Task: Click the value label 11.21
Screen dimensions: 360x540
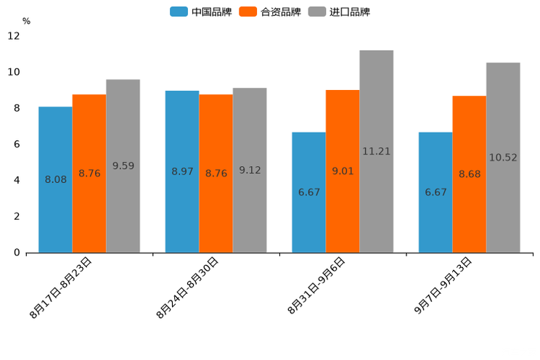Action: pyautogui.click(x=376, y=152)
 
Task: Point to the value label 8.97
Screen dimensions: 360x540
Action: pyautogui.click(x=182, y=171)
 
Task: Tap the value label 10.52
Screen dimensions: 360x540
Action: pyautogui.click(x=503, y=157)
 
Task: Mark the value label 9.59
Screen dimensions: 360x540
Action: pyautogui.click(x=123, y=166)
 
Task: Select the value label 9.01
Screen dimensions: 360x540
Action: pyautogui.click(x=343, y=171)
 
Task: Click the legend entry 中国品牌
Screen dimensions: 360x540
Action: pyautogui.click(x=201, y=12)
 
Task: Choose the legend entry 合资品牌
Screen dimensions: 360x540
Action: pyautogui.click(x=270, y=12)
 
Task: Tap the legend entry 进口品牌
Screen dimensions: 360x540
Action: pyautogui.click(x=340, y=12)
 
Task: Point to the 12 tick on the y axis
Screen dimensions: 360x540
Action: pyautogui.click(x=14, y=36)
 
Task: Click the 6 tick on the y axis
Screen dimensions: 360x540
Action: pyautogui.click(x=16, y=144)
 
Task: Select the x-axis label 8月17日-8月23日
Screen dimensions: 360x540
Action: pyautogui.click(x=61, y=287)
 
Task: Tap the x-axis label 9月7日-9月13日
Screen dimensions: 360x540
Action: pyautogui.click(x=443, y=285)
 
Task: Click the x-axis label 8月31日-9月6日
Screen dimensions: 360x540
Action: pyautogui.click(x=316, y=285)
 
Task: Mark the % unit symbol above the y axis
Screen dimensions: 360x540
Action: pyautogui.click(x=26, y=21)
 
